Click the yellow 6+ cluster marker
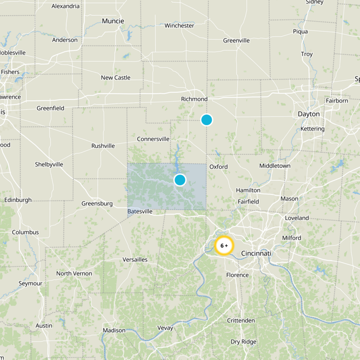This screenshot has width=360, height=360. [x=224, y=246]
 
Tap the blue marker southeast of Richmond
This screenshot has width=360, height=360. [x=207, y=120]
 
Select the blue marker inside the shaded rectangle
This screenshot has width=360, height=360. [x=180, y=180]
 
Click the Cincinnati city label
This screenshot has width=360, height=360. [x=256, y=254]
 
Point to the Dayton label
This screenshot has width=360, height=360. [x=309, y=114]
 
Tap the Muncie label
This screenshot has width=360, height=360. [x=113, y=21]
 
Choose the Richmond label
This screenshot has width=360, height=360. [x=194, y=99]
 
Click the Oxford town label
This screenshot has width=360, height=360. [x=218, y=167]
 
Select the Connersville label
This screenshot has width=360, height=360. [x=153, y=139]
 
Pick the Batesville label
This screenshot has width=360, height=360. [x=140, y=211]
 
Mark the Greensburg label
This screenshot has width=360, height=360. [x=97, y=203]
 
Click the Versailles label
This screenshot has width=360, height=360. [x=135, y=260]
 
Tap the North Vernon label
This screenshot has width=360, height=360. [x=74, y=274]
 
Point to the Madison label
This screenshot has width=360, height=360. [x=114, y=330]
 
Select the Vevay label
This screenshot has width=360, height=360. [x=165, y=328]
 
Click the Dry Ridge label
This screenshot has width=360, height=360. [x=243, y=342]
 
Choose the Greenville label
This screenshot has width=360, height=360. [x=236, y=40]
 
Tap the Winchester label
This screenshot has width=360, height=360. [x=179, y=26]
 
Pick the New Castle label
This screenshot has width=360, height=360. [x=116, y=78]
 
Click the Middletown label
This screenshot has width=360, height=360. [x=274, y=166]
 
